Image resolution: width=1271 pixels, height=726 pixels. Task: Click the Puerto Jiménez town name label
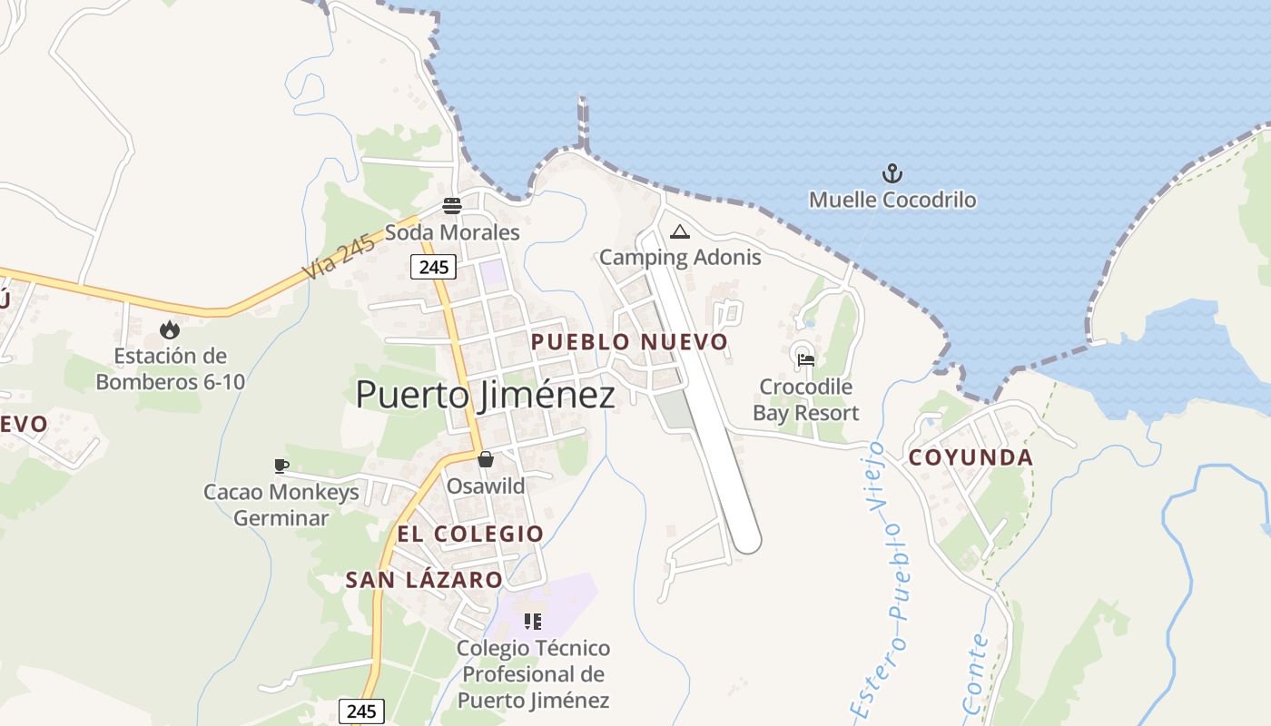point(485,395)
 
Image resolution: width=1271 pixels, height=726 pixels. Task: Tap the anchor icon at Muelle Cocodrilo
point(892,172)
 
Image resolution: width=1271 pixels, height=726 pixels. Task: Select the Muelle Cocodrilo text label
point(892,200)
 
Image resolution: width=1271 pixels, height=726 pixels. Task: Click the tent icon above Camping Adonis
point(679,231)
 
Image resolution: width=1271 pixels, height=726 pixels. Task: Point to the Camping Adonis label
point(680,257)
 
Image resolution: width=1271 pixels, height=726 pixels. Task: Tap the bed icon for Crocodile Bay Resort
point(805,359)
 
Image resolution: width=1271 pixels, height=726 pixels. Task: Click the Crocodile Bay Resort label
point(806,400)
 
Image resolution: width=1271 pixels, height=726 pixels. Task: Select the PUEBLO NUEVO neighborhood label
point(629,342)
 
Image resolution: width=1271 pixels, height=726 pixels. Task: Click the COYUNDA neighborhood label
point(970,457)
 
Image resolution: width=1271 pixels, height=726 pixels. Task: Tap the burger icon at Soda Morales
point(452,205)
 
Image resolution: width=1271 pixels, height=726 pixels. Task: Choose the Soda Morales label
point(452,232)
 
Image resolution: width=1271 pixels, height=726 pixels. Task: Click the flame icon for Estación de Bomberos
point(170,329)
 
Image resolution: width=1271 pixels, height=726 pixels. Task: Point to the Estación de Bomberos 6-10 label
point(171,368)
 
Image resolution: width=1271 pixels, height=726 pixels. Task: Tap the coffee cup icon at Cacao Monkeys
point(281,466)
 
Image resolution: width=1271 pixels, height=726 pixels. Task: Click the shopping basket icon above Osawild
point(486,459)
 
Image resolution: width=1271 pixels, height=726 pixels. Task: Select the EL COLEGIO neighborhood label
point(470,534)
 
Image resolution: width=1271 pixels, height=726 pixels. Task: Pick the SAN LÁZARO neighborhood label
point(424,580)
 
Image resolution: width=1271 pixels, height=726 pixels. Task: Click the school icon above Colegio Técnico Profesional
point(533,622)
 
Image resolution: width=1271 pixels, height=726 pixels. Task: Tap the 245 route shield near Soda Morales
point(432,267)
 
